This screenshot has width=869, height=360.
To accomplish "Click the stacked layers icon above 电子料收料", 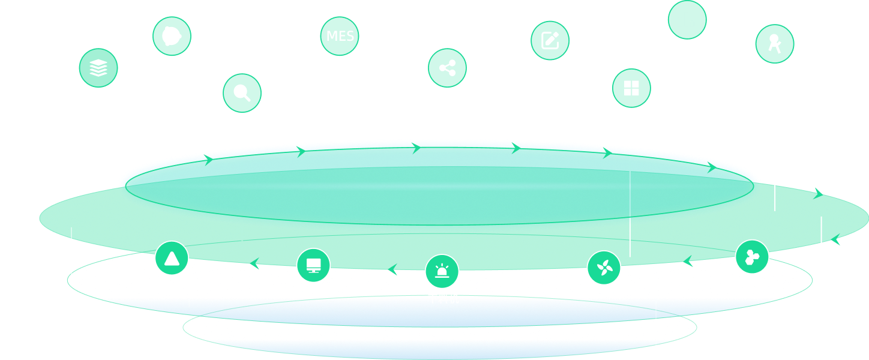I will coord(98,68).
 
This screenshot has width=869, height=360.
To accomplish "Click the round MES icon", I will coord(340,35).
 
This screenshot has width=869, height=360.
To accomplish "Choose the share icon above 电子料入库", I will coord(447,68).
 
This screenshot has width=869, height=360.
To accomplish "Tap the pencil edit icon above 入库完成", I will coord(550,40).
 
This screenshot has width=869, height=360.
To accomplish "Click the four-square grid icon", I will coord(631,88).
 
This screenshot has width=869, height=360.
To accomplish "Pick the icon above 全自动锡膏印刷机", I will coord(774,44).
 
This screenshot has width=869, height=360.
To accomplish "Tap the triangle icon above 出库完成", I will coord(172,258).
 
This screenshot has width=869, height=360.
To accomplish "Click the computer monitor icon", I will coord(313,265).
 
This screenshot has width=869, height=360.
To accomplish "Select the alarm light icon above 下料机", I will coord(442,271).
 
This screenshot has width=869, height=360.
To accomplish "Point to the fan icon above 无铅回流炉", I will coord(604,267).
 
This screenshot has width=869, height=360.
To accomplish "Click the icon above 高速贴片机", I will coord(752,257).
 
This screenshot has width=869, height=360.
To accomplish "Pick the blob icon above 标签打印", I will coord(172,36).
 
